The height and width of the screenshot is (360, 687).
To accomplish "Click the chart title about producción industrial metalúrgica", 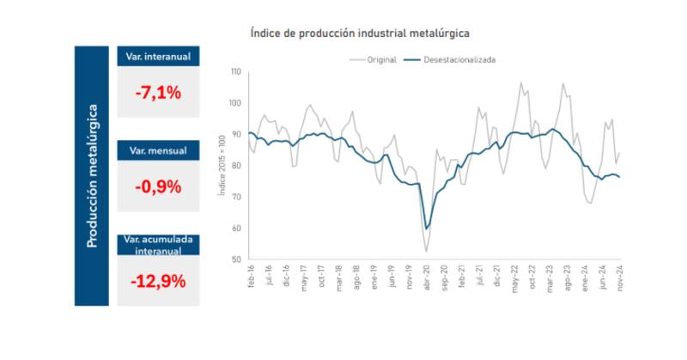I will (359, 33).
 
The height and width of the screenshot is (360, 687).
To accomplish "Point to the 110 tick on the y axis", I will (235, 71).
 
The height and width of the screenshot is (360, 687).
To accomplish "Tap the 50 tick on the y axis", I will (236, 259).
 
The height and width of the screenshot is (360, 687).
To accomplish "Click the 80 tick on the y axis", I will (236, 166).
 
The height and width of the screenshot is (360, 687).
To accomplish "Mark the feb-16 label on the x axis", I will (251, 277).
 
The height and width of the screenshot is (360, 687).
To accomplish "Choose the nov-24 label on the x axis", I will (618, 277).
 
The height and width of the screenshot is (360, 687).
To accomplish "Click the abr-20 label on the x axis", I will (427, 277).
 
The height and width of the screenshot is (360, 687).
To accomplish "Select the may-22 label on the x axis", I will (514, 277).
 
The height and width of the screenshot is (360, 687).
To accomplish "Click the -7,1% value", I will (158, 92).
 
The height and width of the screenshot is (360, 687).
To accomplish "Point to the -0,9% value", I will (158, 185).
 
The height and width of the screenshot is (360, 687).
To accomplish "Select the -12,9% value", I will (158, 281).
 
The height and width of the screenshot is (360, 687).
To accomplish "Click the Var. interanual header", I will (158, 56).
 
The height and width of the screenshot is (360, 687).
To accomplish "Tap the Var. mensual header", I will (158, 150).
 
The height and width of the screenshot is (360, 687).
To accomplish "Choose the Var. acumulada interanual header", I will (158, 244).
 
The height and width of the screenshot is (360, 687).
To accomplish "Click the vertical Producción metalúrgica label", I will (92, 176).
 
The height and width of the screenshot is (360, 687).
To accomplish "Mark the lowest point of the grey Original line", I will (427, 252).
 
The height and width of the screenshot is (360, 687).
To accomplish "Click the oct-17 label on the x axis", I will (321, 277).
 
